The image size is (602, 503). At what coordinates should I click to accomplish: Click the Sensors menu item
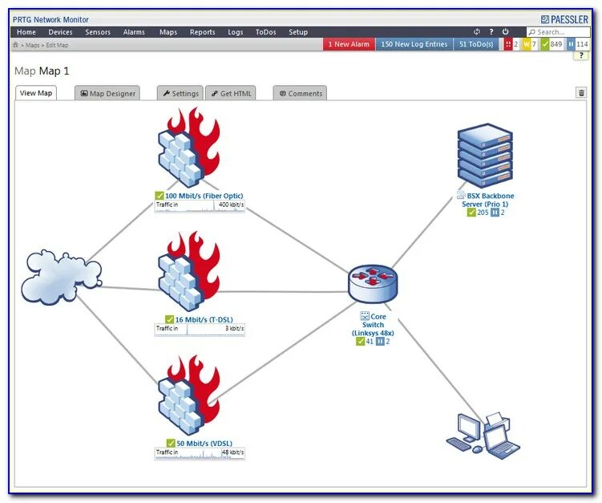[98, 32]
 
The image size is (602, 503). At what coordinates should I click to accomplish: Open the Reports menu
[202, 32]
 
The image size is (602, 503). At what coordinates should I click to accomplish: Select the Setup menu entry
[297, 32]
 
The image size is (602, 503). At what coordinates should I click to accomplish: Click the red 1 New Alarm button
[349, 44]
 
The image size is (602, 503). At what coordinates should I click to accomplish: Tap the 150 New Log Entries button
[414, 44]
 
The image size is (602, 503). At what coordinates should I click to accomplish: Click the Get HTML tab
[231, 93]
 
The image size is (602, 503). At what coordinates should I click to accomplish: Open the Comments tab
[300, 93]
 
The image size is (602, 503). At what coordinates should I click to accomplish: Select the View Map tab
[36, 93]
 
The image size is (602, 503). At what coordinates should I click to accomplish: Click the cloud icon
[63, 270]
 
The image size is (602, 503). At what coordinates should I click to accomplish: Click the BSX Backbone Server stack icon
[483, 156]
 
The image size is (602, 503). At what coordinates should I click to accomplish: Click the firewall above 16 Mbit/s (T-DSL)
[189, 271]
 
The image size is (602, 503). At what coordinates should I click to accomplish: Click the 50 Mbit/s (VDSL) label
[204, 443]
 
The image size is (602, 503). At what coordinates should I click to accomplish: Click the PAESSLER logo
[565, 18]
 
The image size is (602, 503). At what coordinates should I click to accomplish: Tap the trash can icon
[581, 93]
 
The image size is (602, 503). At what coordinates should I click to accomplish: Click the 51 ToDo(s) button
[475, 44]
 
